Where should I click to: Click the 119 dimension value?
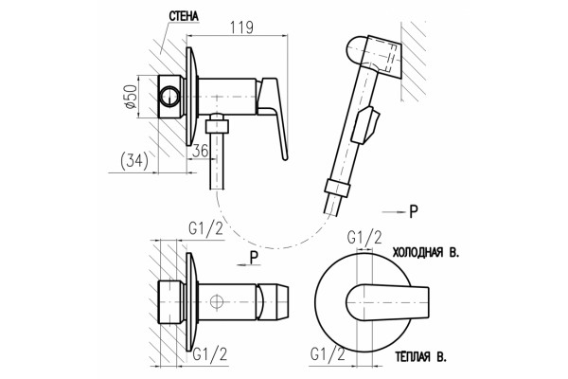(x=242, y=27)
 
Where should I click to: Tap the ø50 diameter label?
(x=130, y=97)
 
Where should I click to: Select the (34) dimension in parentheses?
(x=134, y=161)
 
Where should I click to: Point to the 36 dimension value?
(x=201, y=151)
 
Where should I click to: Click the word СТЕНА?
(x=184, y=17)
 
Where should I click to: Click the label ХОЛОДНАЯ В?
(x=426, y=252)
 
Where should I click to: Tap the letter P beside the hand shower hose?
(x=414, y=211)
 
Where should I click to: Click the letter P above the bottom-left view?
(x=255, y=258)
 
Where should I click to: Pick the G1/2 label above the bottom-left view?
(x=205, y=229)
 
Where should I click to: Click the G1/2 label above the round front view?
(x=364, y=238)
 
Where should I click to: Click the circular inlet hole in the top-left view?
(x=169, y=97)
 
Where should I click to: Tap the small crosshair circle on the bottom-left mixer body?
(x=216, y=301)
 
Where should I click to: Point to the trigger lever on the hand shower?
(x=366, y=125)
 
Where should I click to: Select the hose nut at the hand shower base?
(x=336, y=189)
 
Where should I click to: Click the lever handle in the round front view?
(x=387, y=302)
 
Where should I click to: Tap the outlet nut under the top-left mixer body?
(x=217, y=127)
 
